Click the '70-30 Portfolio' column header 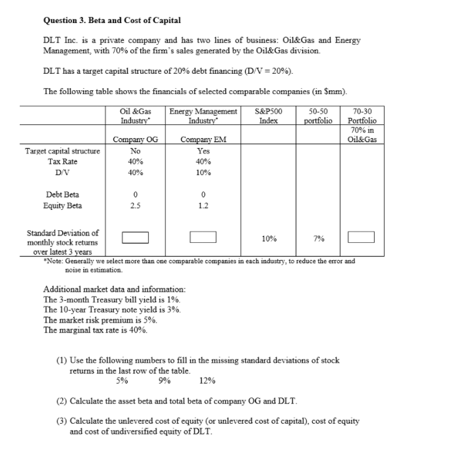tap(362, 116)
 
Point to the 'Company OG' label tap(136, 139)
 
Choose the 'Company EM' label tap(203, 139)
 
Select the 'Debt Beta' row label tap(63, 194)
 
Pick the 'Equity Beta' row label tap(63, 205)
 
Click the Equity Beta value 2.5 tap(135, 205)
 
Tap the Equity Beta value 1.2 tap(203, 205)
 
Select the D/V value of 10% tap(203, 172)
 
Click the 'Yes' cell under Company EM tap(203, 151)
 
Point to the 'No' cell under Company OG tap(135, 151)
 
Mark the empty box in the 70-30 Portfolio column tap(361, 237)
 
